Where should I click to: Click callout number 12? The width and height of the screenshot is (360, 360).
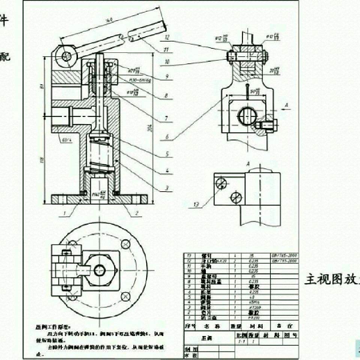tap(167, 37)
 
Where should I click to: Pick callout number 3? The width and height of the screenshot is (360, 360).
tap(167, 188)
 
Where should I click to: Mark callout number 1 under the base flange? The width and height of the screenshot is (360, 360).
tap(64, 213)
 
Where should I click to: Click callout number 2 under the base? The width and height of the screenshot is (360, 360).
tap(136, 213)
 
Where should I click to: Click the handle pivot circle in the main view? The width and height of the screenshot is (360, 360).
tap(67, 56)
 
